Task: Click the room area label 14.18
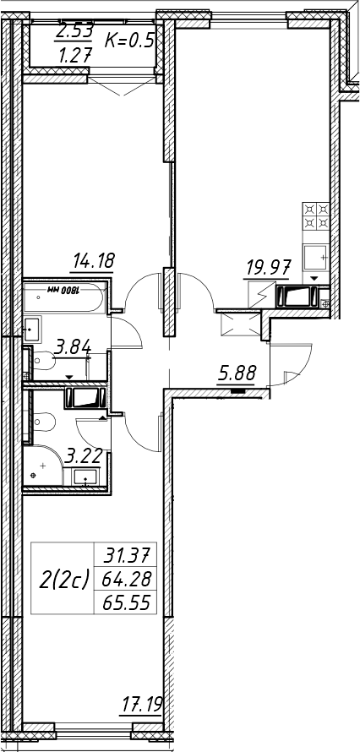[x=94, y=262]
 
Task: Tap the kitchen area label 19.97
[x=268, y=268]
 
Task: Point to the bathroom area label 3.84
[x=73, y=347]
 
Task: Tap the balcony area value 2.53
[x=74, y=32]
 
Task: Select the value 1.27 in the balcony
[x=74, y=57]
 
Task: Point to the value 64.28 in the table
[x=127, y=580]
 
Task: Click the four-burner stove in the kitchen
[x=316, y=215]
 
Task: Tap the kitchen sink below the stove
[x=316, y=258]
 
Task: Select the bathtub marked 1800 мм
[x=63, y=297]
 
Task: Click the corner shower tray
[x=42, y=466]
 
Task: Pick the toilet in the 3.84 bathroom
[x=42, y=360]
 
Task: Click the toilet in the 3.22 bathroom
[x=43, y=422]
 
